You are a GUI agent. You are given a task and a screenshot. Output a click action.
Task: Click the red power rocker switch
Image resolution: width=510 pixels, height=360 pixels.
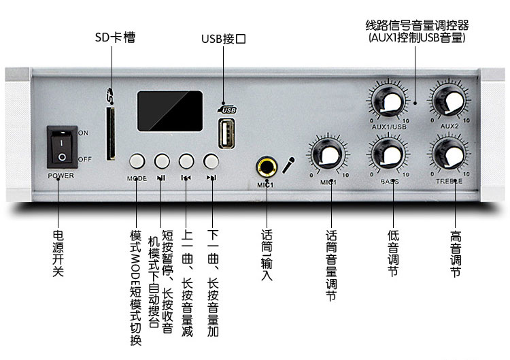(62, 148)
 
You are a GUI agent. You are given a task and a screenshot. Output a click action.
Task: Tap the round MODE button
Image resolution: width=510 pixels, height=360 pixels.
(137, 161)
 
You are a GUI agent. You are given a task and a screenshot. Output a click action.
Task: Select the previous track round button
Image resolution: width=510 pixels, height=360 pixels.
(186, 161)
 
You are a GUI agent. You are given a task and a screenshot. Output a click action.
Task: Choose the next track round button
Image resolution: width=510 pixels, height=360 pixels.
(211, 161)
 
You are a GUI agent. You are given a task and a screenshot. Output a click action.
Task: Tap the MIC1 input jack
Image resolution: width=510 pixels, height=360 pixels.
(265, 165)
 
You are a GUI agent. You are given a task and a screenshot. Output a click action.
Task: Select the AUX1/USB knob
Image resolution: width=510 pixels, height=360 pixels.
(390, 101)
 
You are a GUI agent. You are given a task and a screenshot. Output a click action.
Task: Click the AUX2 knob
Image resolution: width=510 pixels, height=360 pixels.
(447, 101)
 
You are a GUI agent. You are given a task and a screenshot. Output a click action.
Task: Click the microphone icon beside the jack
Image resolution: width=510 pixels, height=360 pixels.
(289, 164)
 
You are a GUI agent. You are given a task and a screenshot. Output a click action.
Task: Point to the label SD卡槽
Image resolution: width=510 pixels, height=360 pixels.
(114, 37)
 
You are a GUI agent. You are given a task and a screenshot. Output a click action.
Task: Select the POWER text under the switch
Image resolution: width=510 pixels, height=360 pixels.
(61, 176)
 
